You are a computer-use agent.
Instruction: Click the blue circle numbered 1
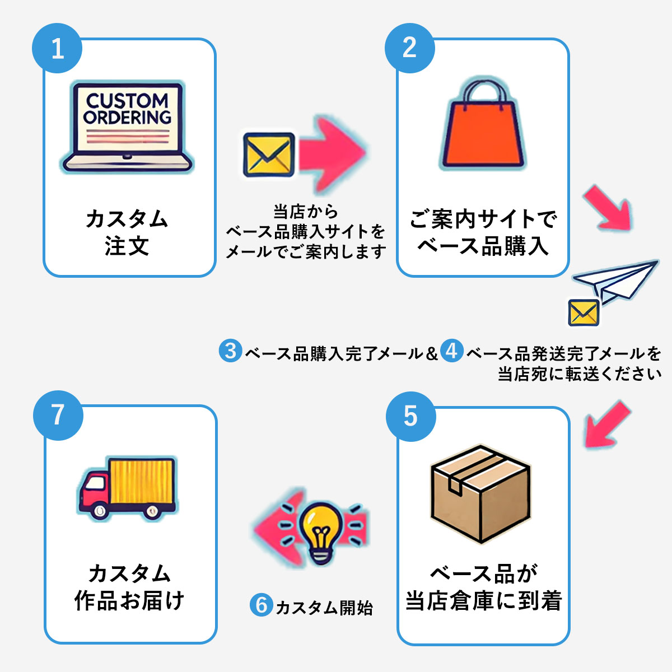pos(57,48)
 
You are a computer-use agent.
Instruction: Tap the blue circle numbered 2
pos(410,48)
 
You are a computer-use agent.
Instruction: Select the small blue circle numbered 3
pos(231,351)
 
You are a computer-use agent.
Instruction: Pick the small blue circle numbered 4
pos(451,351)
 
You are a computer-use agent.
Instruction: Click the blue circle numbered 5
pos(411,417)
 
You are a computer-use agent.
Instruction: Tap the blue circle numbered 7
pos(58,416)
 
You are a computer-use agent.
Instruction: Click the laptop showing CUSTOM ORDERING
pos(127,127)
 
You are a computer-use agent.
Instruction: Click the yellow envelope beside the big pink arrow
pos(269,155)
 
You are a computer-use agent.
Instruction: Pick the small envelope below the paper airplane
pos(584,312)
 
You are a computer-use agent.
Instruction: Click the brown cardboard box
pos(481,494)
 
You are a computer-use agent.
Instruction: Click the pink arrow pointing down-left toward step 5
pos(607,424)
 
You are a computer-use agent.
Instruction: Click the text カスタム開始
pos(324,608)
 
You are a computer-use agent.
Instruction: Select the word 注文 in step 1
pos(127,246)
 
